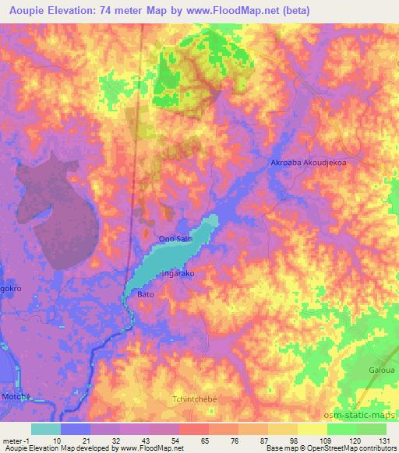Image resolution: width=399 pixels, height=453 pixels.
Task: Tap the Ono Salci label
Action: tap(175, 240)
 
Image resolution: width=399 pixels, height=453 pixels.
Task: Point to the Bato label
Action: tap(147, 296)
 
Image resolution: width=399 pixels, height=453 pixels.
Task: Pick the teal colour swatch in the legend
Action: tap(46, 429)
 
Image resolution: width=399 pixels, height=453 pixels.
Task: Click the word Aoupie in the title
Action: tap(26, 9)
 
